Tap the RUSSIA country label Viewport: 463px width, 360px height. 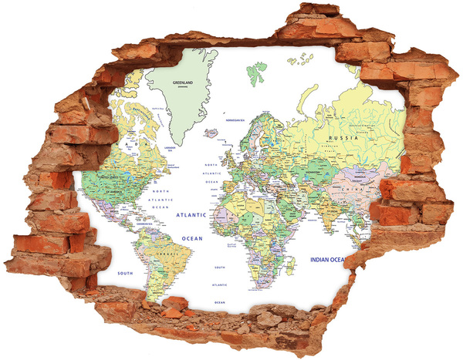tap(344, 139)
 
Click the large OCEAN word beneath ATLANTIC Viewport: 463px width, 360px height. tap(191, 239)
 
